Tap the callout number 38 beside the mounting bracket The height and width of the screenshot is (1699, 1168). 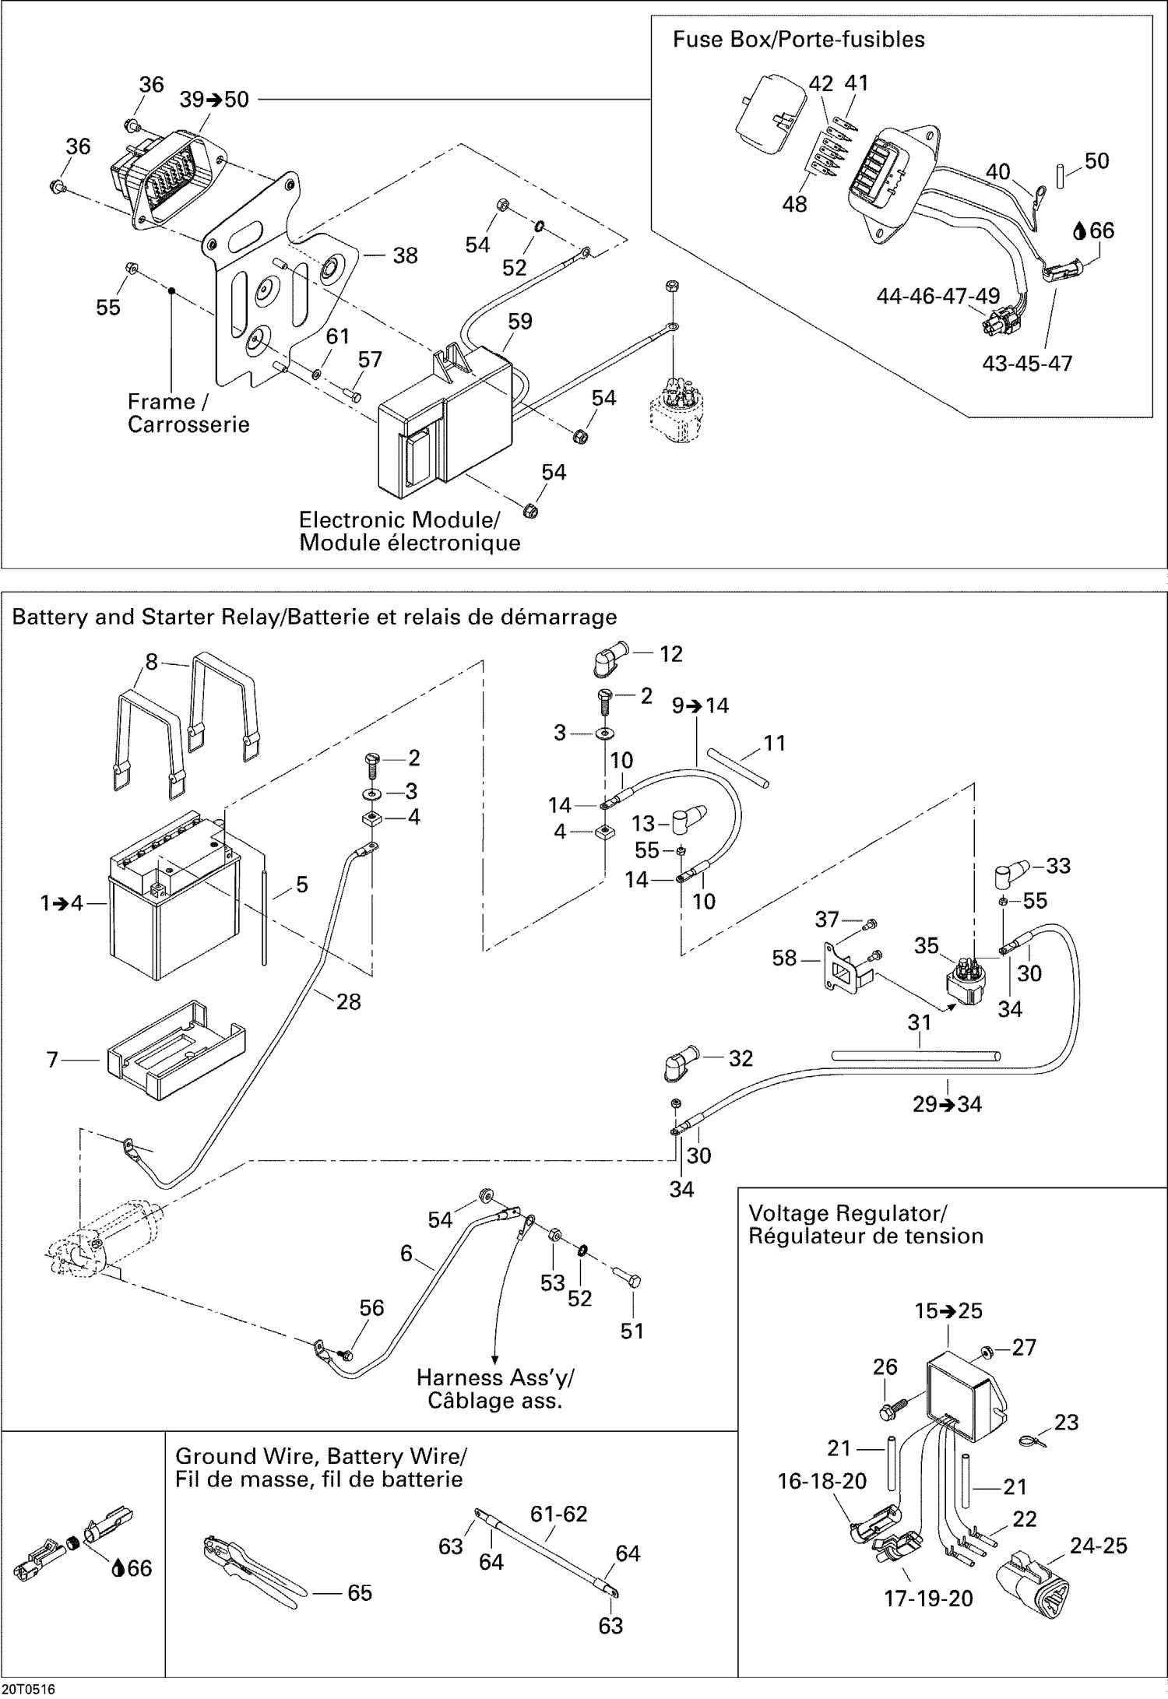click(x=405, y=255)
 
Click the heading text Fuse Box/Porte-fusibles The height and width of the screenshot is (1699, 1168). click(x=798, y=40)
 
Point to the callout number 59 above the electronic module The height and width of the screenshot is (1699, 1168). click(x=519, y=321)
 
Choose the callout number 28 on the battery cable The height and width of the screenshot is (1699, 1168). click(x=348, y=1001)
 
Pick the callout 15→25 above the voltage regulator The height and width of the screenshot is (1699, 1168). click(x=948, y=1310)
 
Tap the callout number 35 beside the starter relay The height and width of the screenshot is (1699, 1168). click(x=926, y=945)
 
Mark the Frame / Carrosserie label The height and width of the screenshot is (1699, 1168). click(x=188, y=413)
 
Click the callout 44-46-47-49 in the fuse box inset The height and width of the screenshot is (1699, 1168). click(x=938, y=296)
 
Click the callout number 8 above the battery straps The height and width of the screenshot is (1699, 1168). click(x=151, y=662)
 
